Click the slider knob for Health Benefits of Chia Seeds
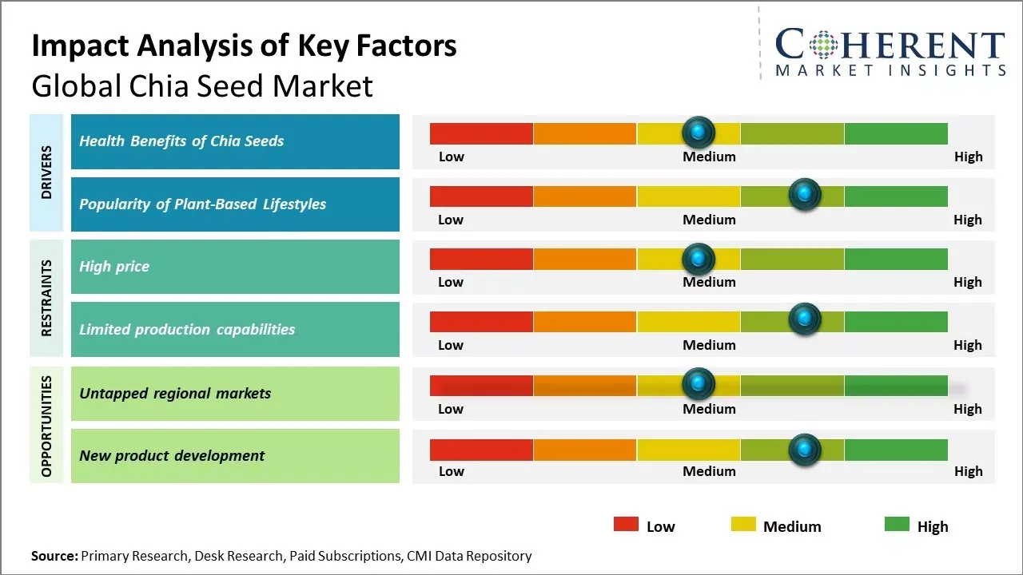pos(699,132)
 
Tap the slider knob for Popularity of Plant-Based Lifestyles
pos(804,195)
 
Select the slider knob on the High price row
pos(699,258)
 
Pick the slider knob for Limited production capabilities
pos(804,319)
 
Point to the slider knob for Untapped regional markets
pos(699,384)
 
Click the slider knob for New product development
pos(804,450)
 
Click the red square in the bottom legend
pos(626,525)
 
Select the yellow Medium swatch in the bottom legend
pos(743,525)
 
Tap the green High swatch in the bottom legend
pos(897,525)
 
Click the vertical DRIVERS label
pos(46,172)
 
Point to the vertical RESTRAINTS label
pos(46,298)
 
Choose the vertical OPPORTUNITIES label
pos(46,426)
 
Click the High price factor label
pos(114,267)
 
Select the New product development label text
pos(172,456)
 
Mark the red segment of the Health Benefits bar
pos(481,133)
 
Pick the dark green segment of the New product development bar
pos(895,450)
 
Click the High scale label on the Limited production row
pos(967,345)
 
